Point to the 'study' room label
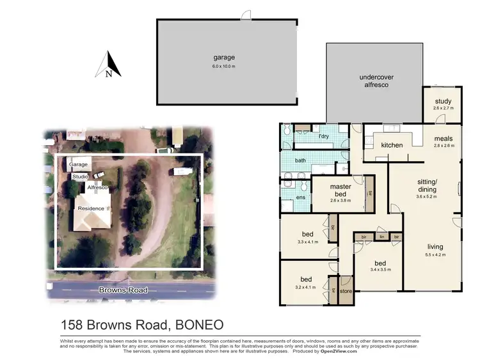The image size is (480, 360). [x=443, y=101]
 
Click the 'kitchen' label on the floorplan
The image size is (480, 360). [x=392, y=145]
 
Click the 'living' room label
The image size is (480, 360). [x=435, y=247]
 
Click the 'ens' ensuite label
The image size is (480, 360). [x=301, y=198]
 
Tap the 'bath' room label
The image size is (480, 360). [x=300, y=160]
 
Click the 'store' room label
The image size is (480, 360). [x=346, y=292]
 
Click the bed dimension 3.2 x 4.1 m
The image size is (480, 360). [x=306, y=286]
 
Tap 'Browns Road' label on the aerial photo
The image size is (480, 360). [x=123, y=290]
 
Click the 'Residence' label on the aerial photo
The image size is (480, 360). [x=90, y=208]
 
